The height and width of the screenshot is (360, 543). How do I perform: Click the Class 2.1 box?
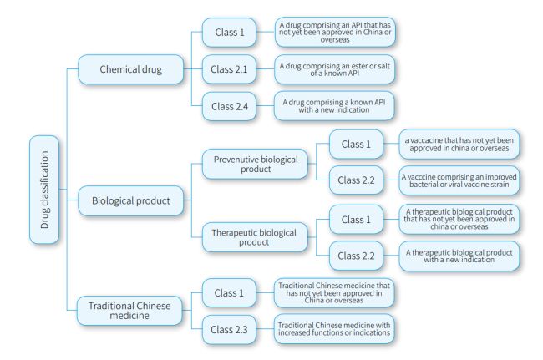click(x=230, y=68)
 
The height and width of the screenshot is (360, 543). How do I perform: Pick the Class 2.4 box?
click(x=230, y=106)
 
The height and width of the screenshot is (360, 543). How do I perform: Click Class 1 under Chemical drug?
click(x=230, y=32)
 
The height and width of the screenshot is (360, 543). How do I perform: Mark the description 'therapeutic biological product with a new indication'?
click(x=460, y=256)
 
